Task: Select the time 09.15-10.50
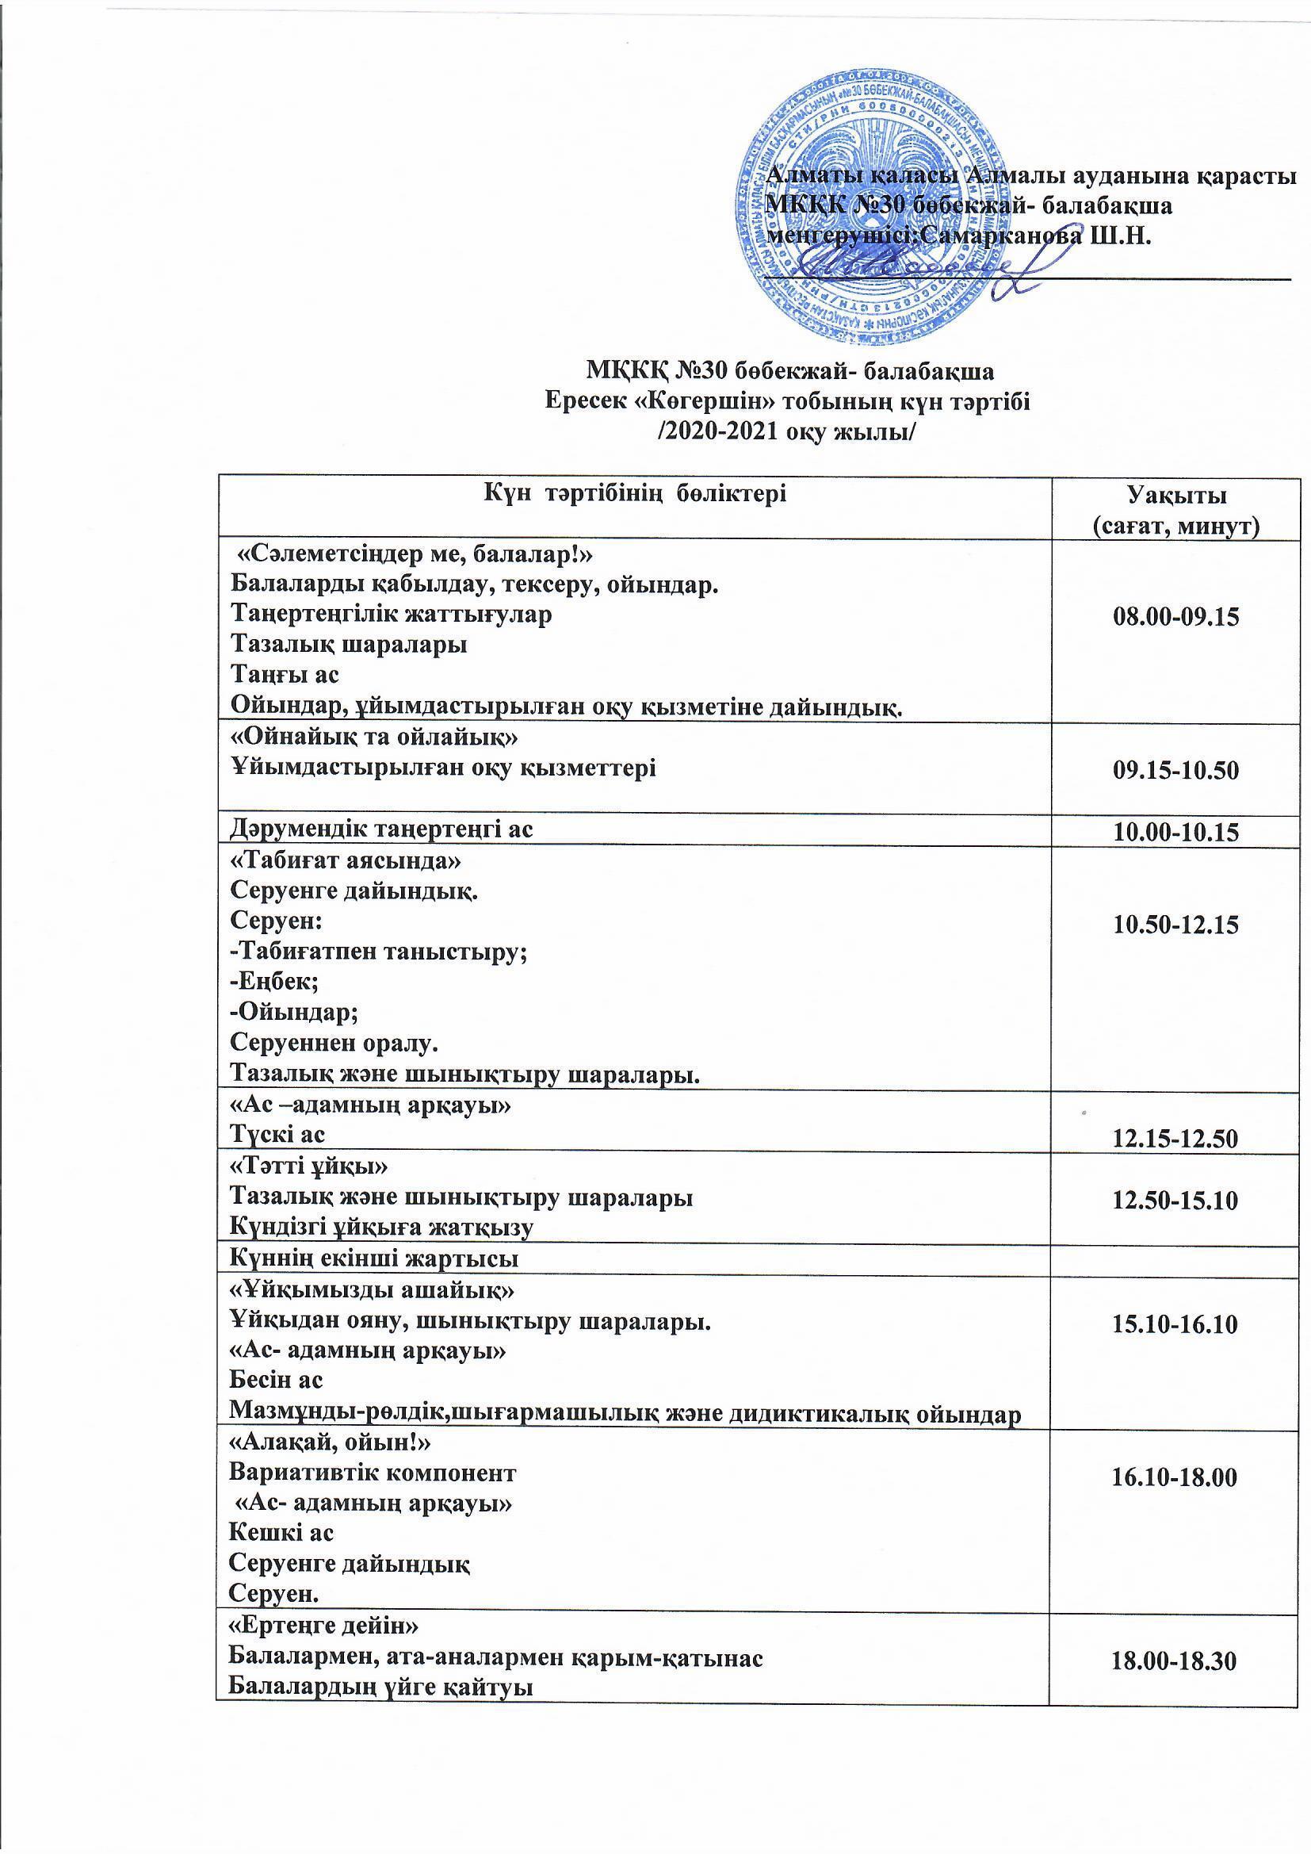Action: point(1175,770)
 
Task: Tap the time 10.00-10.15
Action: point(1175,833)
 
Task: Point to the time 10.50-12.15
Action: point(1175,925)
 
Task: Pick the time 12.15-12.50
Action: point(1175,1139)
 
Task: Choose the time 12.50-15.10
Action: point(1175,1201)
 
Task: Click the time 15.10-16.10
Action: point(1175,1324)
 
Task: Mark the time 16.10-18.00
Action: point(1175,1477)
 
